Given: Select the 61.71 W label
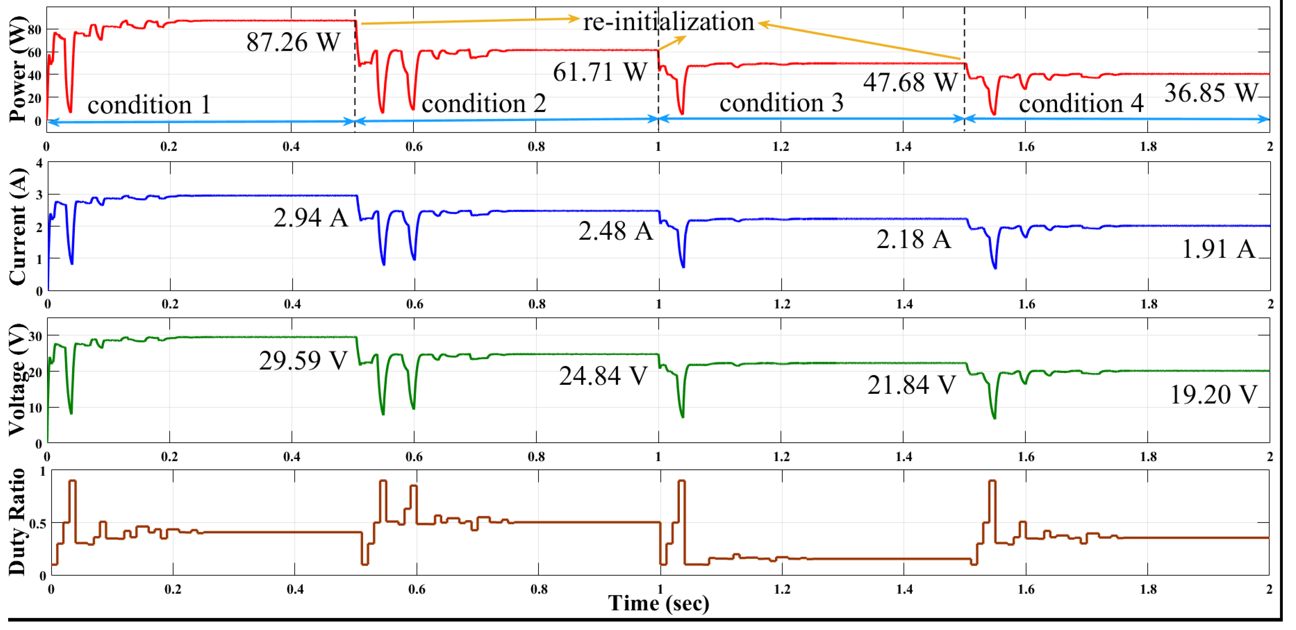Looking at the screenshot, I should point(600,72).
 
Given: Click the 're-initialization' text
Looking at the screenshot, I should point(668,22).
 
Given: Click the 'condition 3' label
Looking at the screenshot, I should point(781,103).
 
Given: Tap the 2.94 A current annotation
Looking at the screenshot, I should point(310,218).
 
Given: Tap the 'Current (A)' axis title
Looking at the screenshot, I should point(18,227).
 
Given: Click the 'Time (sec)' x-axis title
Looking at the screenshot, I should point(658,603).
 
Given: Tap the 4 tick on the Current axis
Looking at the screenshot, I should point(39,163).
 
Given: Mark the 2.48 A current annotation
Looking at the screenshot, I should point(615,232).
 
